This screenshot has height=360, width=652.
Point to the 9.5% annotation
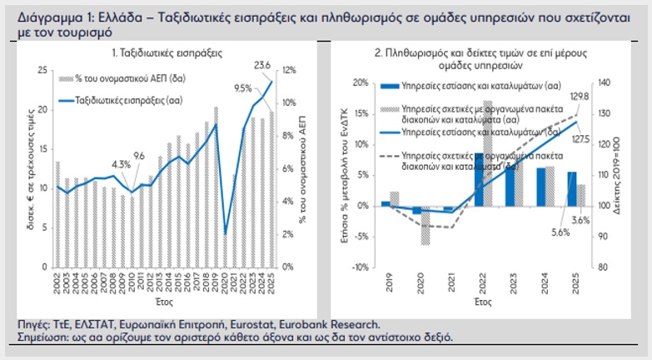pos(242,87)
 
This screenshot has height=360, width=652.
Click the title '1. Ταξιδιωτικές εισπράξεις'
pos(165,52)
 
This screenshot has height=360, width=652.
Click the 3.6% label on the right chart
pos(580,219)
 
